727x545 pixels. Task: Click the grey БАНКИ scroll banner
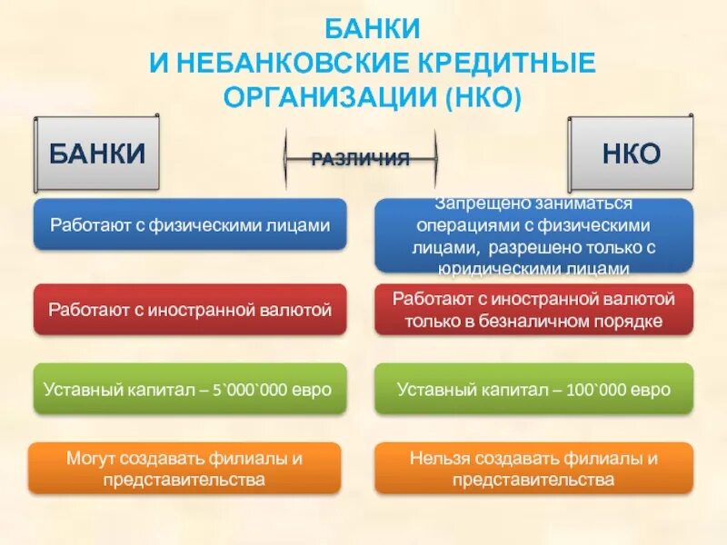97,153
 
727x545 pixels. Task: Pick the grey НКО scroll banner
630,153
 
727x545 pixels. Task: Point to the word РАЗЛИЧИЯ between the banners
361,159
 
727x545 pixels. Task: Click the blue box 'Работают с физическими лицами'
190,224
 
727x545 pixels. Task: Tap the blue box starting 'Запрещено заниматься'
533,235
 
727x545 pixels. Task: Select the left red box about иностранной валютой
190,310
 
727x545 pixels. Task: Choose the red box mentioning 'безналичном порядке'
533,310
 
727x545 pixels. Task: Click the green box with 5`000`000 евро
190,390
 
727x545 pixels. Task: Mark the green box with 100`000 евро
533,390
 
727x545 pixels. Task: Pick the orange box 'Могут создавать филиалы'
190,469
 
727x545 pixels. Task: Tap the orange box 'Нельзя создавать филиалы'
533,469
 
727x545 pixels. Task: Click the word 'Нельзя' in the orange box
432,459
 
